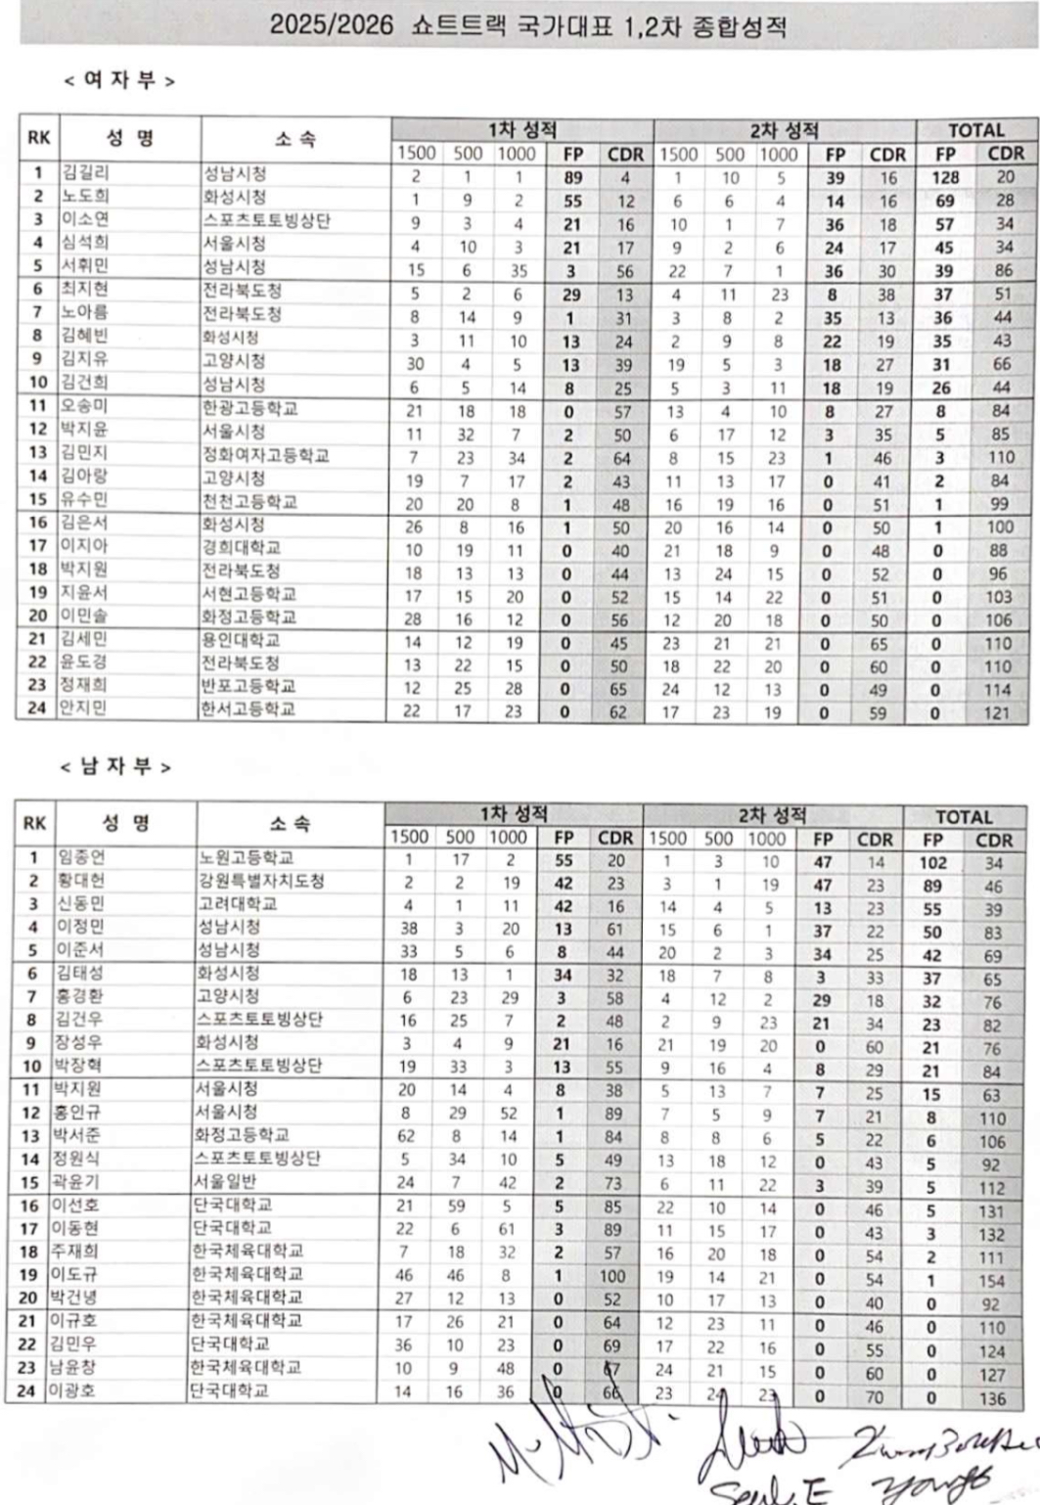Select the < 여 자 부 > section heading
[119, 81]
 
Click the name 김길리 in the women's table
[85, 174]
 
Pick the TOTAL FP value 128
[945, 177]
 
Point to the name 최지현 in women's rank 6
[85, 290]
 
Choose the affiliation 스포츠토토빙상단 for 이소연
[265, 220]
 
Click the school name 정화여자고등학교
[265, 455]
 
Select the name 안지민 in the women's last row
[83, 708]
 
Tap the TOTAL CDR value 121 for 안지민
[997, 712]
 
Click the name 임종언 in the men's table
[80, 858]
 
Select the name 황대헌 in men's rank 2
[80, 881]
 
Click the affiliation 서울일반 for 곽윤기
[225, 1181]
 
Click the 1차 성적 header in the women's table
[522, 130]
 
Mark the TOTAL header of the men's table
[964, 817]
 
